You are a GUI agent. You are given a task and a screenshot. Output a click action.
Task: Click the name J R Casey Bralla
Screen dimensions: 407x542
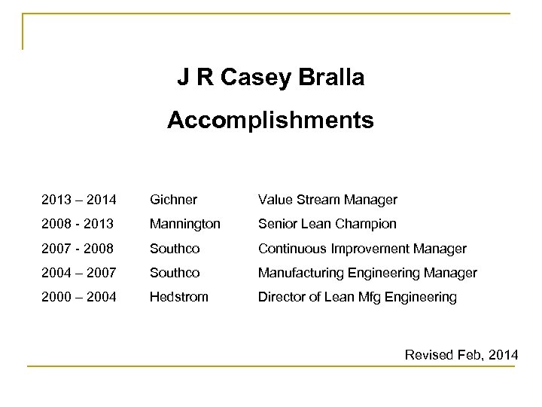tap(270, 78)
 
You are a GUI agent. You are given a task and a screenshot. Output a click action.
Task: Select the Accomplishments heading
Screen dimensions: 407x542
tap(270, 120)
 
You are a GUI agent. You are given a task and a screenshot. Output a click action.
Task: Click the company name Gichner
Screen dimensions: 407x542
tap(174, 200)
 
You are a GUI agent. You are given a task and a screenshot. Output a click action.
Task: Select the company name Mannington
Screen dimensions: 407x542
tap(185, 224)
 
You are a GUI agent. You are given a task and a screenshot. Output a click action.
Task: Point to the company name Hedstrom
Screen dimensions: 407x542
tap(179, 297)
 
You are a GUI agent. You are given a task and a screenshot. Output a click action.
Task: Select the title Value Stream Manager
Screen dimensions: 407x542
tap(327, 200)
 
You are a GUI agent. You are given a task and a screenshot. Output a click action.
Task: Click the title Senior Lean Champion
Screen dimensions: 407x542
tap(327, 224)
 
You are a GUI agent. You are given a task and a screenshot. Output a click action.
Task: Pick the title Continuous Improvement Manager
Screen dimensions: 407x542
tap(362, 248)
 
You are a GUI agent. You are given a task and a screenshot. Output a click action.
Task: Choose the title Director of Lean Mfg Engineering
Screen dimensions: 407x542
tap(357, 297)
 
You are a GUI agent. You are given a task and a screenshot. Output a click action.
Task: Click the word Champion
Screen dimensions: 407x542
tap(368, 224)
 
